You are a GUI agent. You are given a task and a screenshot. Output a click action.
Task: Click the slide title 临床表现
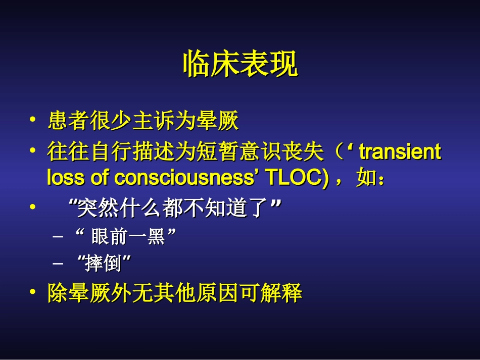coord(240,64)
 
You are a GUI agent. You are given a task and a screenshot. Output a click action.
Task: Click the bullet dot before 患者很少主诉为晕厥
coord(33,121)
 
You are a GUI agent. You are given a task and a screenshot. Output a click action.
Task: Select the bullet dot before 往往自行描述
coord(33,151)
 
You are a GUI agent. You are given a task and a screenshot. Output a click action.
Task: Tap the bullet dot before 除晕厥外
coord(33,293)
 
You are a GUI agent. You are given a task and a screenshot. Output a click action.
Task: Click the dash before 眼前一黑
coord(59,236)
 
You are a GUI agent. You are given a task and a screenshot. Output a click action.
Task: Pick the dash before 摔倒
coord(59,263)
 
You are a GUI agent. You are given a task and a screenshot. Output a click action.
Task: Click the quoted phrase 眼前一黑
coord(128,236)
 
